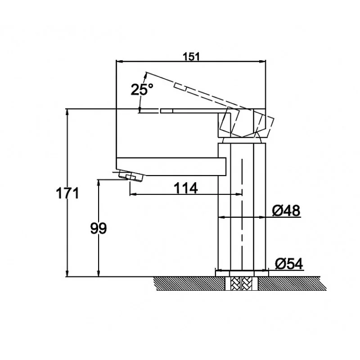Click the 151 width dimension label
191,57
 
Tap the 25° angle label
142,89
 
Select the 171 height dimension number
67,193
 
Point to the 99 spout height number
99,229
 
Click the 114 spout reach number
185,188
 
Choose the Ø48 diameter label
286,210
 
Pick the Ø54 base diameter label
289,264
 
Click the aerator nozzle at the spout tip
131,177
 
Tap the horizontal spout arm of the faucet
171,166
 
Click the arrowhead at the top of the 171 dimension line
67,112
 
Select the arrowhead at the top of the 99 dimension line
99,183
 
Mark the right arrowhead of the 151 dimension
262,61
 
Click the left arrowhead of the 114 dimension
133,194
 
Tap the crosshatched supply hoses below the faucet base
242,283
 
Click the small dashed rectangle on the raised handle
181,87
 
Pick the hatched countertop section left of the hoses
190,283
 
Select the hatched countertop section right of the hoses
292,283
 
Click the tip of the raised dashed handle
146,72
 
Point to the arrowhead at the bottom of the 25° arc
139,110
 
